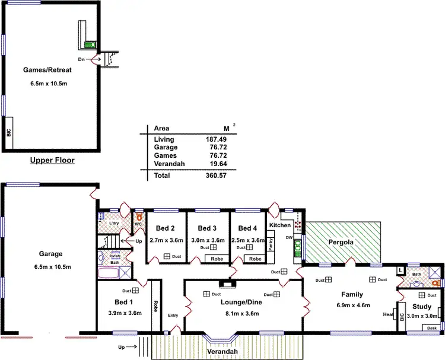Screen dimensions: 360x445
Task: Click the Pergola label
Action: [x=341, y=243]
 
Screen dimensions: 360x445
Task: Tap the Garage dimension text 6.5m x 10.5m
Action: [x=50, y=267]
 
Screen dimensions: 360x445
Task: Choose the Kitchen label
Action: [x=280, y=225]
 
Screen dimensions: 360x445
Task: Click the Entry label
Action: [x=173, y=315]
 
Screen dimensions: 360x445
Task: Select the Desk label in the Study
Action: [x=431, y=328]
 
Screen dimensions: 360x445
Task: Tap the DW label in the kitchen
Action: [x=289, y=237]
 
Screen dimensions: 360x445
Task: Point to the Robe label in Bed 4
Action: [x=255, y=259]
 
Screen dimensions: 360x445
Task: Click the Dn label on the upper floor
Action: [x=81, y=60]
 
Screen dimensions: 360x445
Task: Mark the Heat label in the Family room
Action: [x=389, y=314]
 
